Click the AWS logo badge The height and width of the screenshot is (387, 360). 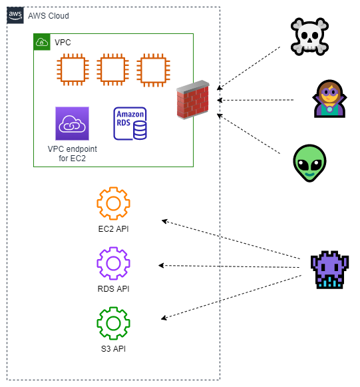[15, 15]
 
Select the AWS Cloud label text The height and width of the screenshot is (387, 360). [49, 16]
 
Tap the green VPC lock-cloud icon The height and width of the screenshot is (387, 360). [42, 42]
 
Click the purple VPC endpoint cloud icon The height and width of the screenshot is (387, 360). [73, 123]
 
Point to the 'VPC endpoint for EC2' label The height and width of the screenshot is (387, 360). [73, 153]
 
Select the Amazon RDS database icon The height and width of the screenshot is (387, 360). [130, 123]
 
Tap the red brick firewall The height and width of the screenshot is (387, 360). [193, 100]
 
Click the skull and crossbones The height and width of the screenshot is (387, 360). [309, 37]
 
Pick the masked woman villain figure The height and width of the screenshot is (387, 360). [329, 99]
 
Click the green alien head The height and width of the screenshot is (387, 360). [309, 163]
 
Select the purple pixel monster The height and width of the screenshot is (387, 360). [329, 270]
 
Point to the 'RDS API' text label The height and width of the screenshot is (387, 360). [113, 289]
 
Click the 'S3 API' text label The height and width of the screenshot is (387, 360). [113, 349]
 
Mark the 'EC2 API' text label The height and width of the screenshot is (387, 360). [113, 228]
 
